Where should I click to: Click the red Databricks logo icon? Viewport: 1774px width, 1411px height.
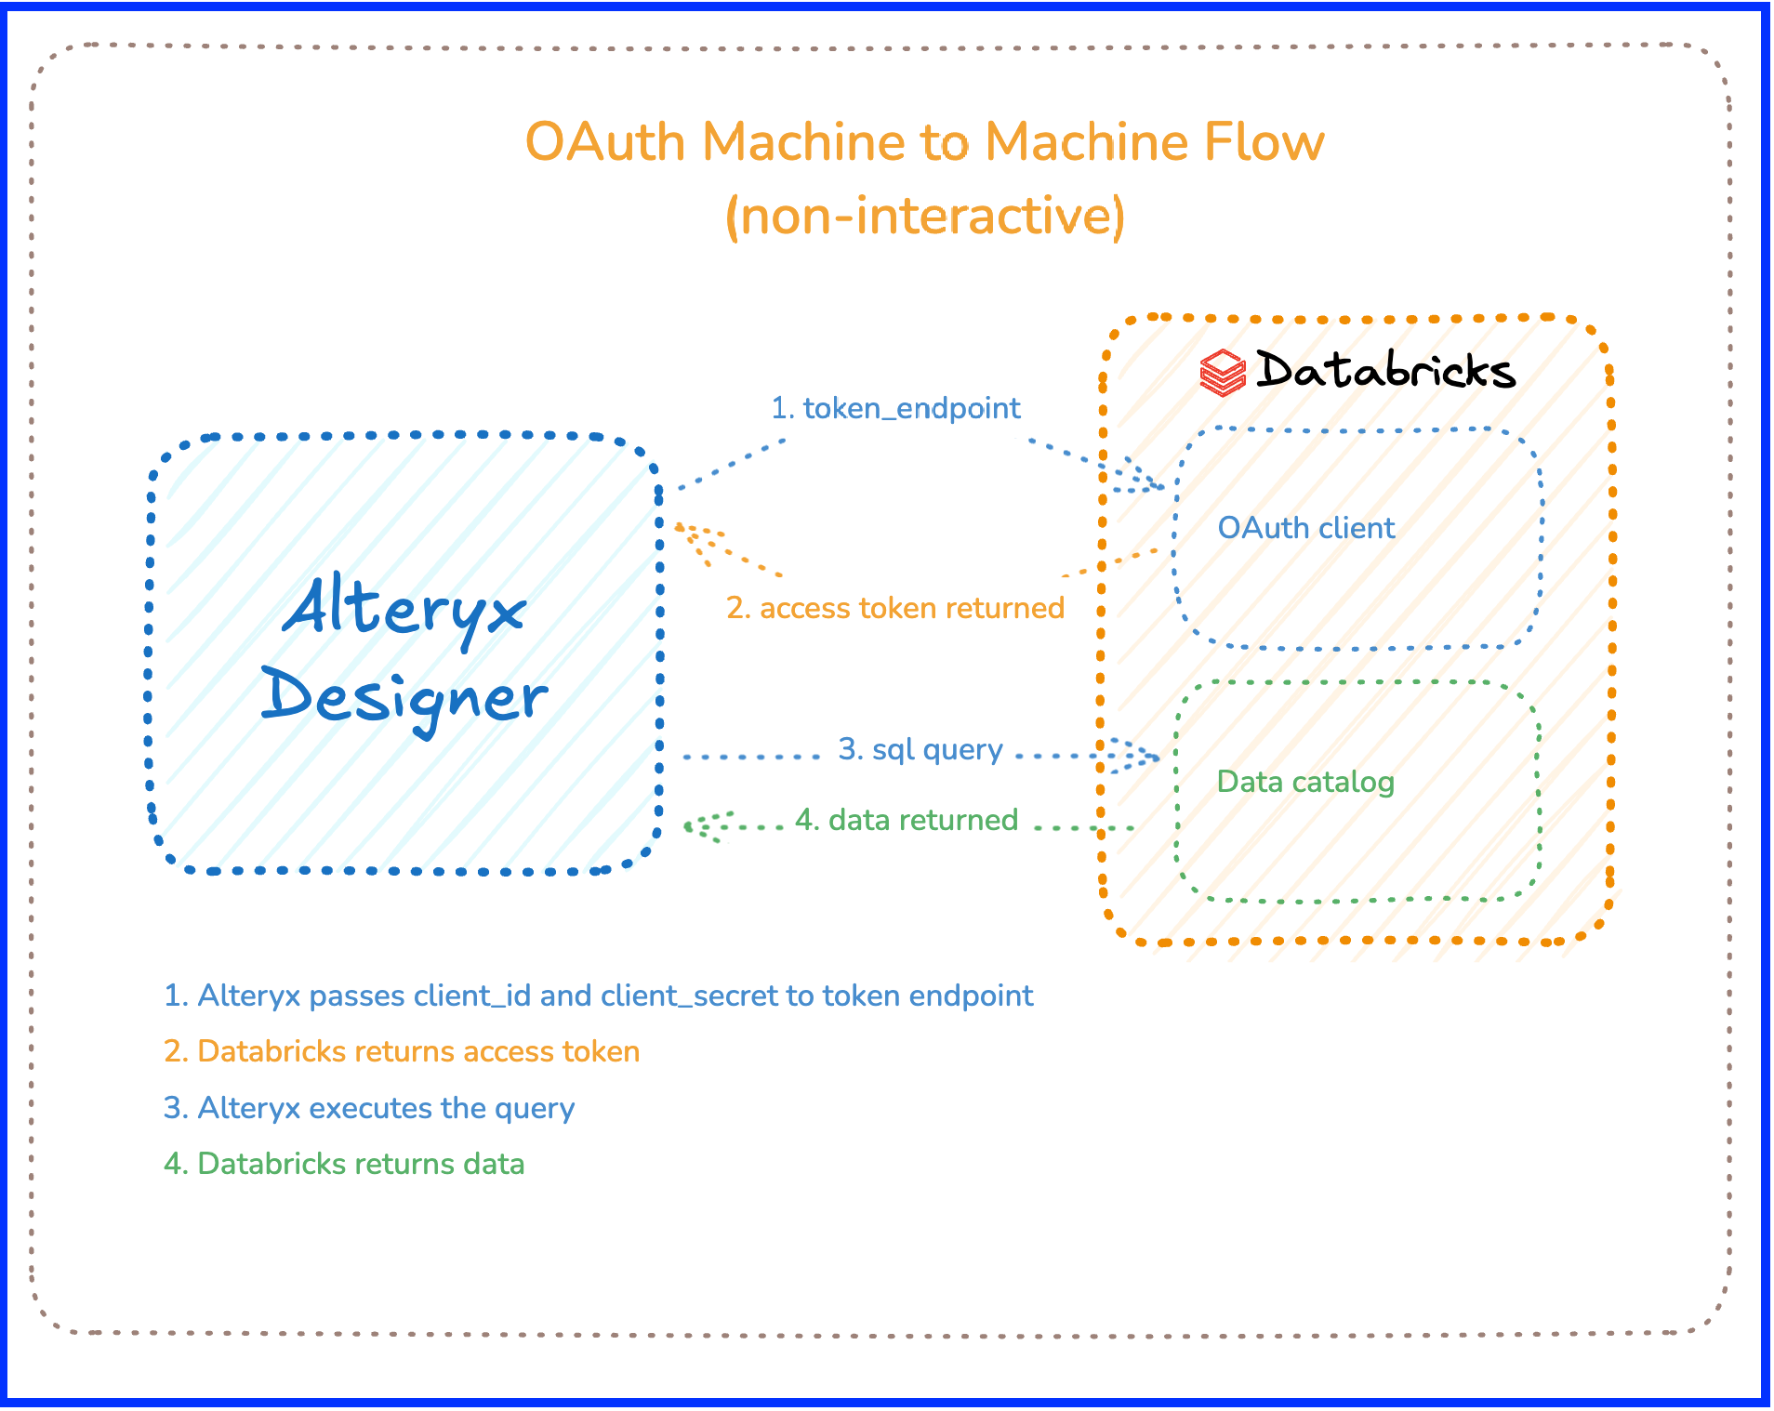click(1222, 373)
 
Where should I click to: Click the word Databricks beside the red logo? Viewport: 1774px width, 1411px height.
click(1385, 370)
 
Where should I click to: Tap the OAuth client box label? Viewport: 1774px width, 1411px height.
click(1305, 528)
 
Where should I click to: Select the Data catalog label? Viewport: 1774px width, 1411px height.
click(1305, 782)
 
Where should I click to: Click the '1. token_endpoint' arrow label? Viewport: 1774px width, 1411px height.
click(895, 408)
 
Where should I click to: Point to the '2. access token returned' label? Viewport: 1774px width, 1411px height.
click(895, 608)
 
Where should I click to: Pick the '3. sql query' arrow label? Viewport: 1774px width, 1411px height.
click(920, 749)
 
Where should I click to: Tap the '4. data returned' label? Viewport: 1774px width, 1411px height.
click(907, 820)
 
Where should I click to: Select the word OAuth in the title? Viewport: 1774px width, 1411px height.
click(604, 142)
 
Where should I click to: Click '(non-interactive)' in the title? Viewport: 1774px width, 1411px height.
click(924, 216)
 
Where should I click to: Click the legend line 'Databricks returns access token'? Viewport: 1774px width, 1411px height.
click(402, 1051)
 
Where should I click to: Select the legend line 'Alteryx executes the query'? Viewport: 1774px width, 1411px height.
click(369, 1108)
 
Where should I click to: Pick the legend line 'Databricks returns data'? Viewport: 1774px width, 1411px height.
click(344, 1164)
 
